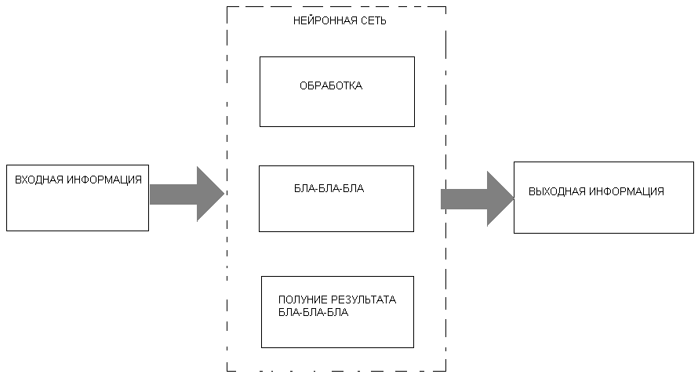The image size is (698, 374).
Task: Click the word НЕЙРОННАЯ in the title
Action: (x=322, y=21)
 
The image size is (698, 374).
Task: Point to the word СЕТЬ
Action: (x=371, y=21)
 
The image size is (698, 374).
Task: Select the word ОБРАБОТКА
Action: (x=331, y=86)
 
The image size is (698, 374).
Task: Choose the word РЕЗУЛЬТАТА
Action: (x=365, y=300)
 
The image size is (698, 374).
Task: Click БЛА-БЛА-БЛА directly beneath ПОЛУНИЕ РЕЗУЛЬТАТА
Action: (x=313, y=312)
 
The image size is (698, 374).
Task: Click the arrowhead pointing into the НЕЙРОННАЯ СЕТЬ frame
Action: (x=209, y=194)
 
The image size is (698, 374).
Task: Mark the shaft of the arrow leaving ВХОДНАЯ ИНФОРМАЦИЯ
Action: (x=173, y=194)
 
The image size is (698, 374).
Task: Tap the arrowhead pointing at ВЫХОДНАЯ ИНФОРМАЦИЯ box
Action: (x=500, y=199)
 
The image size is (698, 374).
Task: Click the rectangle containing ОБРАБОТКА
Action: (x=337, y=110)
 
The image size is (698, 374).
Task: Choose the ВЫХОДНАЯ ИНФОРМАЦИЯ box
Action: (x=604, y=216)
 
